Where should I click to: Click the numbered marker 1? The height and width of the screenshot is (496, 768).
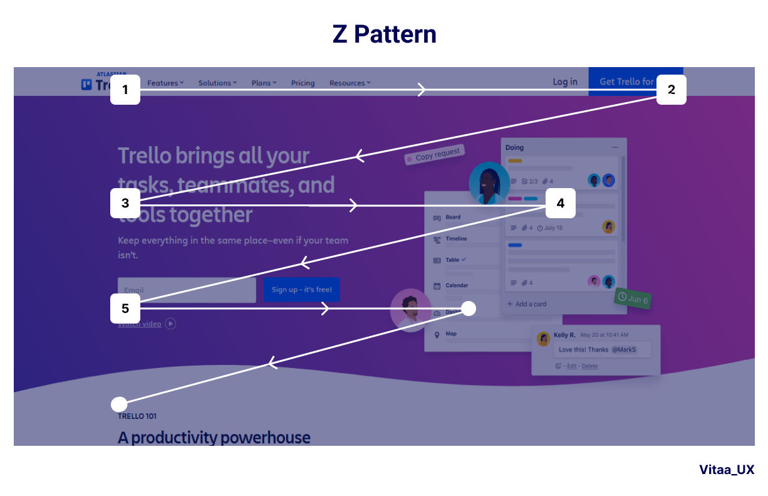125,90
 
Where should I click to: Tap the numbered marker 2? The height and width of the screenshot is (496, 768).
672,90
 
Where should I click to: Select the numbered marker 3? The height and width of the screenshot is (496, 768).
125,203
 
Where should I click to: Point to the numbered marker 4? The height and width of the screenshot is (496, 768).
560,203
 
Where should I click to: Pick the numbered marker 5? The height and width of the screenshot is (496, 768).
125,309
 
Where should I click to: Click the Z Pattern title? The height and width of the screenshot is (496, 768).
384,34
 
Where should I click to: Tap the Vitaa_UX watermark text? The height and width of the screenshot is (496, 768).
727,470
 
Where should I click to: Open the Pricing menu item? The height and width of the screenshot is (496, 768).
303,83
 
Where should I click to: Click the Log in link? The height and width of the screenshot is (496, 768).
564,82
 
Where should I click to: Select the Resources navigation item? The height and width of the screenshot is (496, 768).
350,83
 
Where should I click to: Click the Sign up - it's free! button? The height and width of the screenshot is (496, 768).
301,290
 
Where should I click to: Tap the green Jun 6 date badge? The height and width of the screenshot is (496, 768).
633,298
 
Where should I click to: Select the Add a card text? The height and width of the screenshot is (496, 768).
530,304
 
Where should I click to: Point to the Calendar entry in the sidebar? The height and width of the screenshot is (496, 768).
456,285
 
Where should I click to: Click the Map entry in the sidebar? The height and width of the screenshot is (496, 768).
450,334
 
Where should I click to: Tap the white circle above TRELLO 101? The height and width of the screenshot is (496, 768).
119,403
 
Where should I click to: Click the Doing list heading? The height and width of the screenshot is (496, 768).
514,147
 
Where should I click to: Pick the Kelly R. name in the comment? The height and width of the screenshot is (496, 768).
564,335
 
